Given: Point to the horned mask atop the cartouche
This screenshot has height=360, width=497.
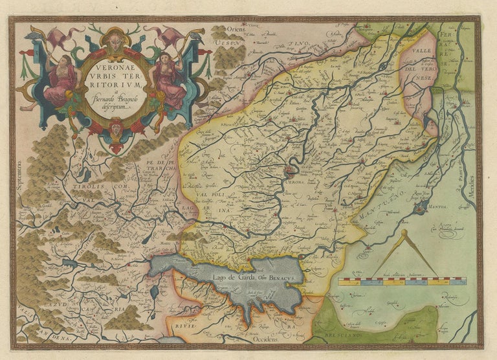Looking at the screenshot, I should [x=116, y=43].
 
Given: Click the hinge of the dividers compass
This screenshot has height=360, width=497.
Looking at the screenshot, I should [x=403, y=233].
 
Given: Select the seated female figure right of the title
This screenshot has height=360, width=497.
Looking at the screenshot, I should [x=170, y=81].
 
